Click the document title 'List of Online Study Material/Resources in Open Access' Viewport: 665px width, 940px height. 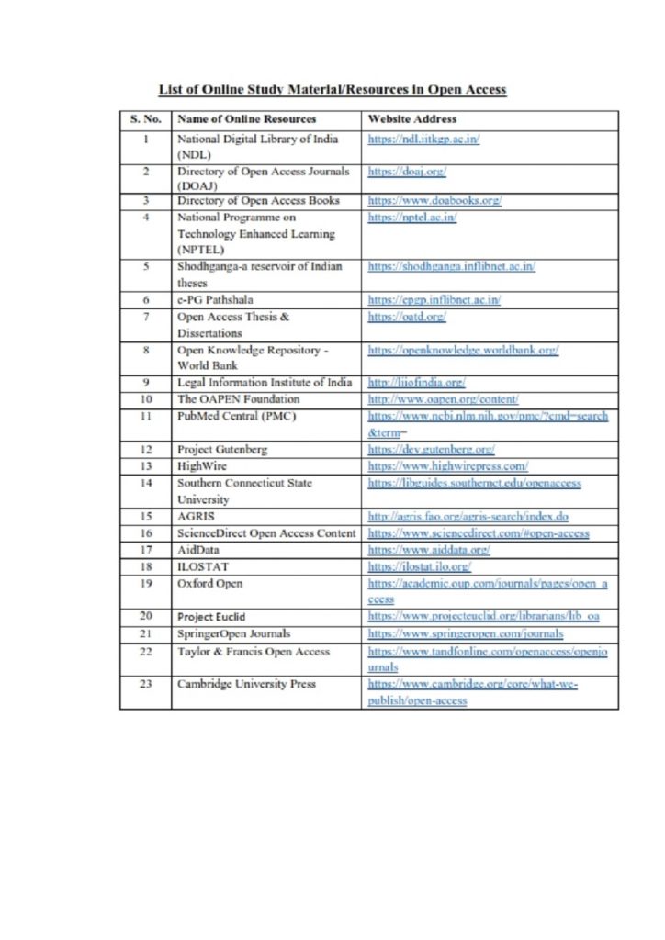[x=332, y=90]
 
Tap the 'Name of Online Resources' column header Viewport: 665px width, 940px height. [x=246, y=119]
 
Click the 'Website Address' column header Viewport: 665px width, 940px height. [x=411, y=119]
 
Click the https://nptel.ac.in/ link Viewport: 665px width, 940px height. [x=412, y=218]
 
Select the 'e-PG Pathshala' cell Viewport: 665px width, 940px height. [x=216, y=300]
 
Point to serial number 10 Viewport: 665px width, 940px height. [x=145, y=399]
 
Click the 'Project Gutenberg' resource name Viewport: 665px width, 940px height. [x=223, y=450]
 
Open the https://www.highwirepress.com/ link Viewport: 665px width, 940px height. [x=447, y=466]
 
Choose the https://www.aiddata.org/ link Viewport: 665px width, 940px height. [x=428, y=550]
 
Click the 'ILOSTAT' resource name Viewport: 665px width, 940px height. [x=202, y=566]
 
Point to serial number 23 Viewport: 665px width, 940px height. [x=145, y=684]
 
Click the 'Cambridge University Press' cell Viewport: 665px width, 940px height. [x=246, y=684]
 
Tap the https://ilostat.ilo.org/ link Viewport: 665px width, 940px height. [x=420, y=566]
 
